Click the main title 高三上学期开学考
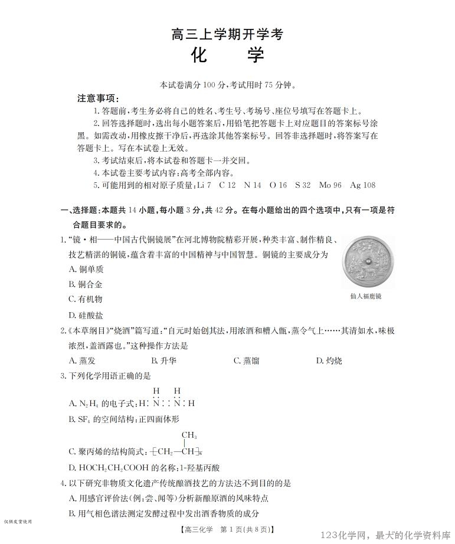tap(227, 34)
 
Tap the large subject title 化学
tap(227, 56)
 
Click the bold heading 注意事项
tap(98, 98)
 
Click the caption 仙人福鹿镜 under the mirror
tap(365, 296)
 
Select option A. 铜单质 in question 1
tap(86, 269)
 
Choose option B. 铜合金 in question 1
tap(86, 284)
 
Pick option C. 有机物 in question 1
tap(86, 299)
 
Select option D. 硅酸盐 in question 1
tap(86, 316)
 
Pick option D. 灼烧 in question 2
tap(329, 361)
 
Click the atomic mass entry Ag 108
tap(362, 185)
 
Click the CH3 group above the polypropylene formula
tap(189, 435)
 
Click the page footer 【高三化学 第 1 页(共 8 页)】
tap(227, 529)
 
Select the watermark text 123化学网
tap(345, 535)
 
